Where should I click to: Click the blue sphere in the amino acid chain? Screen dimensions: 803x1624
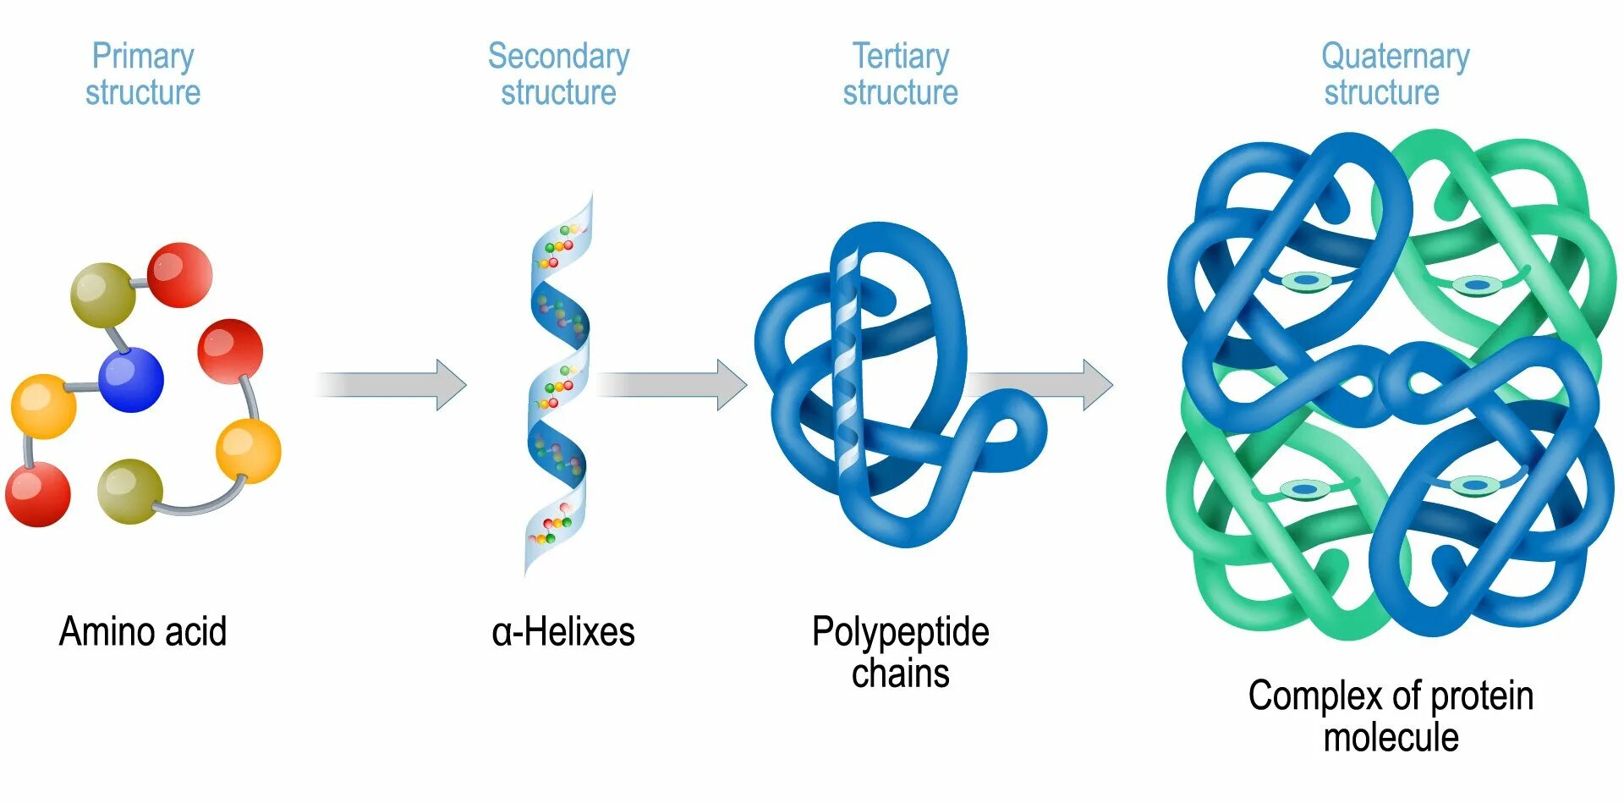point(131,380)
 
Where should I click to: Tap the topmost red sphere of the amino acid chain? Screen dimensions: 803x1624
point(179,275)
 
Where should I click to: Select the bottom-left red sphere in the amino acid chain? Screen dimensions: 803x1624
point(38,494)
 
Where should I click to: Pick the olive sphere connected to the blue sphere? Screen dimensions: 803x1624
point(102,295)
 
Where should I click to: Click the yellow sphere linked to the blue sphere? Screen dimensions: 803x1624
point(43,407)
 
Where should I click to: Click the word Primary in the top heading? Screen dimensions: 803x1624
point(143,57)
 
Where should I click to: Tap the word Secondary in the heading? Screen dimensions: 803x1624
point(558,57)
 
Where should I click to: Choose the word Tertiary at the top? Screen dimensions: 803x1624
point(900,57)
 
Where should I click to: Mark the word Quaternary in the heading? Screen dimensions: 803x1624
point(1395,57)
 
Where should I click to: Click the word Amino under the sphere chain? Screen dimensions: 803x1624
point(96,631)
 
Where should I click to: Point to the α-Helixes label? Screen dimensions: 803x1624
point(562,632)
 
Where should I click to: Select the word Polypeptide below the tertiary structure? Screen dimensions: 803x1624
point(900,632)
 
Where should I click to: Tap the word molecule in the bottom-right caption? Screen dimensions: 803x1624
point(1391,737)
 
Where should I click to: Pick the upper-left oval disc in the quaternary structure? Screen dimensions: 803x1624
point(1307,280)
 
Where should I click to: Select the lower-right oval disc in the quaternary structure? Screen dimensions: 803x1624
point(1475,486)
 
